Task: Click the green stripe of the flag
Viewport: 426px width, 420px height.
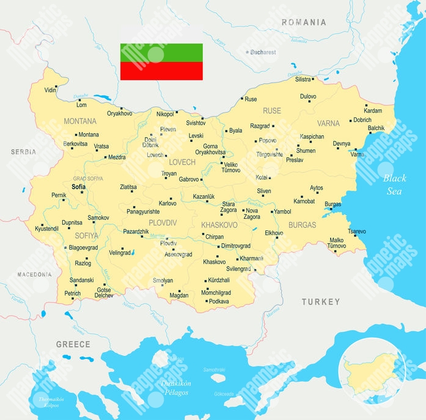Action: (161, 52)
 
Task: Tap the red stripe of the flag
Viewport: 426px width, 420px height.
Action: (161, 71)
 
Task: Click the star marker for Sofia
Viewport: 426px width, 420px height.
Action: (81, 193)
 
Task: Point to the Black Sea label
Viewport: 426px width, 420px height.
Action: (394, 185)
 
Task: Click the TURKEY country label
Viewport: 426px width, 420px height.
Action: (320, 302)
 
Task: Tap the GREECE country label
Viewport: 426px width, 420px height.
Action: (73, 344)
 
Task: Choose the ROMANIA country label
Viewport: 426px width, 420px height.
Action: (304, 23)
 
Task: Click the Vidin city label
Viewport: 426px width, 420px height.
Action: (51, 90)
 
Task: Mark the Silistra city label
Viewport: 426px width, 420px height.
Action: (303, 79)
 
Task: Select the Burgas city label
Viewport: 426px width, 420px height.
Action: (333, 204)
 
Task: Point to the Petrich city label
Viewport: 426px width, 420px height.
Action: (72, 293)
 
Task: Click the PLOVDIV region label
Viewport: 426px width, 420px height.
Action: (163, 223)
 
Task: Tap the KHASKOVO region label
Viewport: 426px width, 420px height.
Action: (219, 225)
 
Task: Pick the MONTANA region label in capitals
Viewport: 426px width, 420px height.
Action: (80, 121)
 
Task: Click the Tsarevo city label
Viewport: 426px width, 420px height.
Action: (356, 232)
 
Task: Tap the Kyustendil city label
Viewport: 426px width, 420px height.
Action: (47, 228)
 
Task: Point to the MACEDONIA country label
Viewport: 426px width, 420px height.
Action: (34, 274)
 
